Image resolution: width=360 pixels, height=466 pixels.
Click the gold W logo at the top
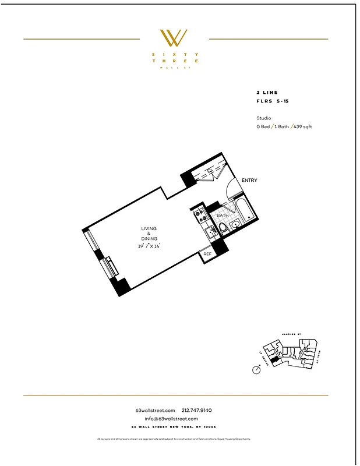(x=174, y=38)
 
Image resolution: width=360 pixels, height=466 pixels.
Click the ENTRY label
(x=249, y=181)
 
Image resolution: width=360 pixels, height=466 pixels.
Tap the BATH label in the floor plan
(x=223, y=216)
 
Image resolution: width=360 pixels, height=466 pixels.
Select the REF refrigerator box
(x=207, y=254)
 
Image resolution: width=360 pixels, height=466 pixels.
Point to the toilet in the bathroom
(x=235, y=226)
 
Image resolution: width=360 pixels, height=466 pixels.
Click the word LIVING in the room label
(x=149, y=228)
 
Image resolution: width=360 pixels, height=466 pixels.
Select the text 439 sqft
(x=303, y=126)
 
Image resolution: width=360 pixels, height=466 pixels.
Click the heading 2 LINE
(x=267, y=93)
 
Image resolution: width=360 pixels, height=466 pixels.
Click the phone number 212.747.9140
(x=201, y=410)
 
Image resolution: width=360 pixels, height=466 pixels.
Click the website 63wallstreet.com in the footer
(x=155, y=410)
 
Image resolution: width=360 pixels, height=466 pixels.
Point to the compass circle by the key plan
(x=256, y=370)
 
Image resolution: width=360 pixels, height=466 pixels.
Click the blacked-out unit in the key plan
(x=274, y=359)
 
